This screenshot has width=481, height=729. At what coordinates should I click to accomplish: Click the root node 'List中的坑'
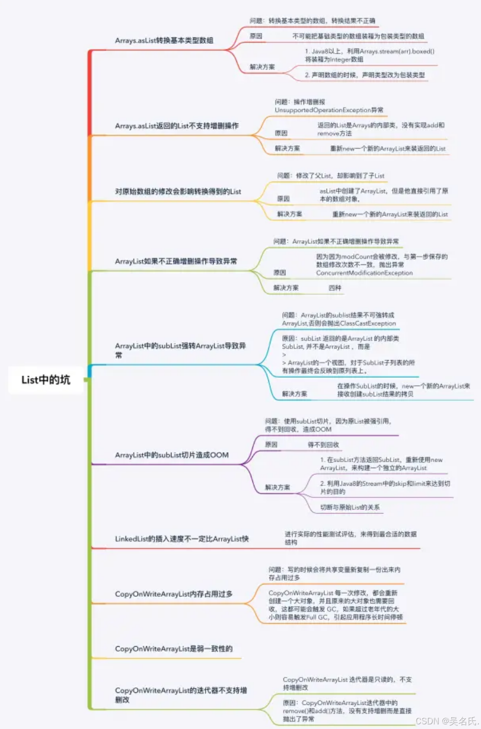click(x=45, y=380)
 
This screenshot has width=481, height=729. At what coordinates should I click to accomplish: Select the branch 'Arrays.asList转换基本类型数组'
click(x=164, y=40)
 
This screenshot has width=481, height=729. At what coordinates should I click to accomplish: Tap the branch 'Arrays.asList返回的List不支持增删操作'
click(x=176, y=126)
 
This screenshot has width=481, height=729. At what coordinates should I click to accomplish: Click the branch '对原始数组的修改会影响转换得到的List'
click(x=178, y=191)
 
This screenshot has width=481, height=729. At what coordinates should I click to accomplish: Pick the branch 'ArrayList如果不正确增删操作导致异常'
click(x=176, y=261)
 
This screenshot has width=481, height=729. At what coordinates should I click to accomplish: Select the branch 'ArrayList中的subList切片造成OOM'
click(x=171, y=455)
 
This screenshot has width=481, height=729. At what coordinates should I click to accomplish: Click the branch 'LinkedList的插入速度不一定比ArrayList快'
click(x=181, y=539)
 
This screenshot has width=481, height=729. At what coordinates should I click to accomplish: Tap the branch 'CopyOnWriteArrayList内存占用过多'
click(x=174, y=594)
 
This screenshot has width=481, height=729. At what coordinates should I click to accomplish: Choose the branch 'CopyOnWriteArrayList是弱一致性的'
click(x=174, y=649)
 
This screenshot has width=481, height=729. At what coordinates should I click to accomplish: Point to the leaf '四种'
click(x=335, y=288)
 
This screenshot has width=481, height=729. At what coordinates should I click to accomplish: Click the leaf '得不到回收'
click(x=323, y=444)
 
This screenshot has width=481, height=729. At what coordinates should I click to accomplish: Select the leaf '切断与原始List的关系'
click(x=350, y=507)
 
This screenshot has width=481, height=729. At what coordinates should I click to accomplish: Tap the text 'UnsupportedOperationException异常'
click(x=329, y=110)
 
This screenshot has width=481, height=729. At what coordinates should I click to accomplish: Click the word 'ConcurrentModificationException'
click(x=364, y=273)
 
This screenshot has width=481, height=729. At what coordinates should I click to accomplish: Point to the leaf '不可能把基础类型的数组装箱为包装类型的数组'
click(x=358, y=36)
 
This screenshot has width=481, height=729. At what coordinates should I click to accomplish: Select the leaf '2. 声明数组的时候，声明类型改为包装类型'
click(x=365, y=75)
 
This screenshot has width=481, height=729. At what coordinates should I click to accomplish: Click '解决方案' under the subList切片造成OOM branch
click(x=277, y=487)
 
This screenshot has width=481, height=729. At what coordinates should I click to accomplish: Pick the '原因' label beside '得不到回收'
click(x=271, y=444)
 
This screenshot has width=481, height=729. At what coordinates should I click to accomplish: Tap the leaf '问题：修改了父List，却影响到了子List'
click(x=330, y=175)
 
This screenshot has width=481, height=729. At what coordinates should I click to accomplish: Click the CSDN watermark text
click(x=446, y=721)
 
